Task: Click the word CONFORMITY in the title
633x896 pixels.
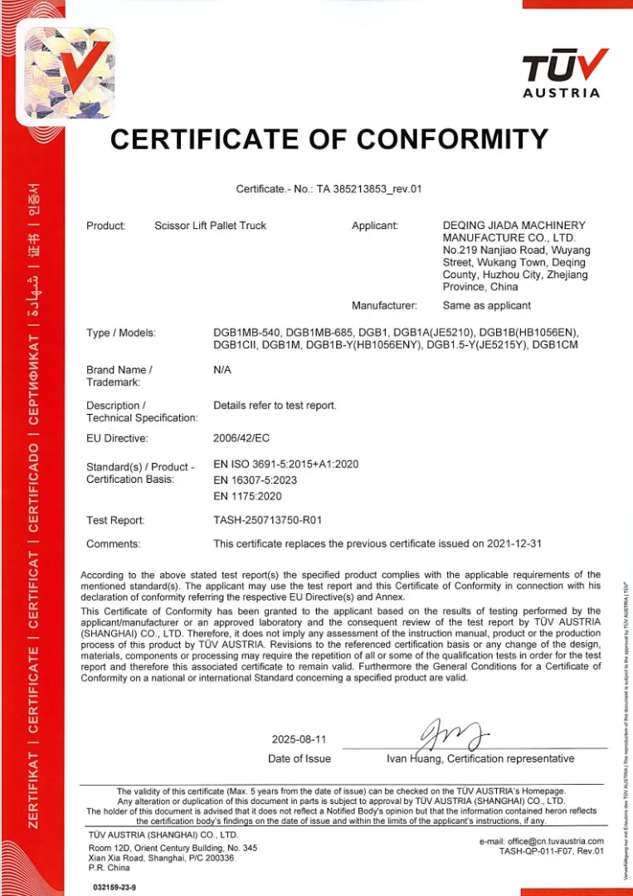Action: pyautogui.click(x=440, y=139)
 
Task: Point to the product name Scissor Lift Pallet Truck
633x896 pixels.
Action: pyautogui.click(x=211, y=225)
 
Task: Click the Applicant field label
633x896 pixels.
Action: pyautogui.click(x=375, y=225)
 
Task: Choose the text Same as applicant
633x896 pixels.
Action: pyautogui.click(x=487, y=305)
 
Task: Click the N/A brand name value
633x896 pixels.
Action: pyautogui.click(x=222, y=369)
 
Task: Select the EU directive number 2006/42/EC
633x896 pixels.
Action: pyautogui.click(x=241, y=437)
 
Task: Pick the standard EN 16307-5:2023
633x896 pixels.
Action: pyautogui.click(x=255, y=480)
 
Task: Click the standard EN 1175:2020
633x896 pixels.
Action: pyautogui.click(x=248, y=496)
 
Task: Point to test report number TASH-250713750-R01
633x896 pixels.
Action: pyautogui.click(x=267, y=520)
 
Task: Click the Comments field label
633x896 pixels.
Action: pyautogui.click(x=113, y=544)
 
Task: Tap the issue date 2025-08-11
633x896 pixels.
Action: pyautogui.click(x=299, y=739)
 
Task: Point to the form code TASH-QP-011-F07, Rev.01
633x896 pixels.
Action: pyautogui.click(x=551, y=850)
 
